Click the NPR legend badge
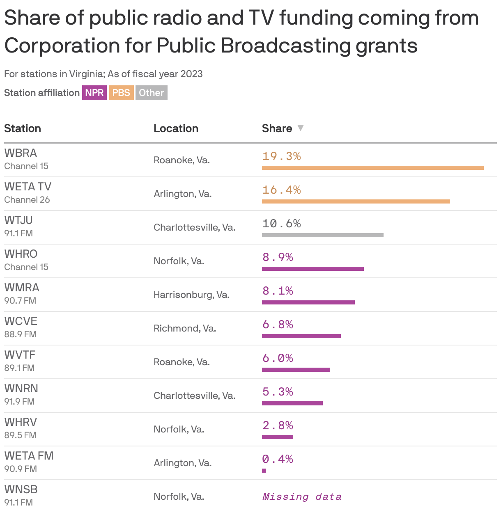pos(94,93)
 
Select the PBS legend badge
pos(121,93)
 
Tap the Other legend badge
pos(151,93)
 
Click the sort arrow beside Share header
pos(301,128)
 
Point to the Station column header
pos(23,128)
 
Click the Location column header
pos(176,128)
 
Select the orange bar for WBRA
pos(372,167)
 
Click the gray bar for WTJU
pos(322,235)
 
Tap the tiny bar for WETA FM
pos(264,471)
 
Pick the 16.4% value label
pos(282,190)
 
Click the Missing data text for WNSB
pos(302,497)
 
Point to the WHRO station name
pos(21,254)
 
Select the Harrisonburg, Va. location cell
pos(191,295)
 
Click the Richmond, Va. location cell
pos(185,328)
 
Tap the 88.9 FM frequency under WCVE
pos(21,334)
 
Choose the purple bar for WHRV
pos(278,437)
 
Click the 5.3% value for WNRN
pos(278,392)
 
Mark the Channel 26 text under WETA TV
pos(27,200)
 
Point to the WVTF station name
pos(20,355)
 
